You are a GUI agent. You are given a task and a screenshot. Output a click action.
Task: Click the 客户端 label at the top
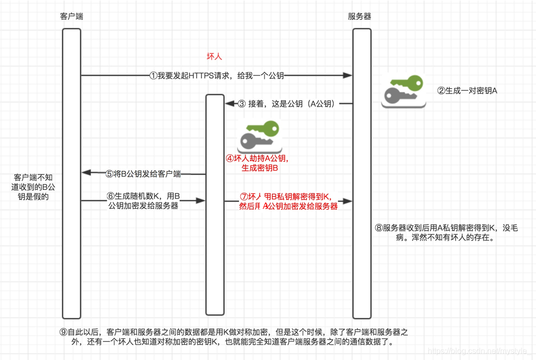click(71, 16)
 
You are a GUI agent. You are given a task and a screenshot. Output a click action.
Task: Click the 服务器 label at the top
click(359, 16)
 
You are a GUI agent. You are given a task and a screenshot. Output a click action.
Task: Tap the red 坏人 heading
click(214, 57)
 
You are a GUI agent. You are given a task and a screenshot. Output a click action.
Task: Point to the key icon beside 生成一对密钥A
click(403, 91)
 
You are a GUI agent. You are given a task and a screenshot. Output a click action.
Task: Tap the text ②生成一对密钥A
click(468, 91)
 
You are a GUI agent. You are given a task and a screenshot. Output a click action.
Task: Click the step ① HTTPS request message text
click(217, 76)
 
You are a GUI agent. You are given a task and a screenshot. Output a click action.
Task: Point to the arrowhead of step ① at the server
click(348, 76)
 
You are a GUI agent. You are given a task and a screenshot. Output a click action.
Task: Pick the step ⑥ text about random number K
click(143, 201)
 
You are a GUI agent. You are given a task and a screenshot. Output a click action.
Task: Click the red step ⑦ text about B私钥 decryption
click(288, 201)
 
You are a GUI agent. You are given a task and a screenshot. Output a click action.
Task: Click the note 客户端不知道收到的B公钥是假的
click(33, 187)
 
